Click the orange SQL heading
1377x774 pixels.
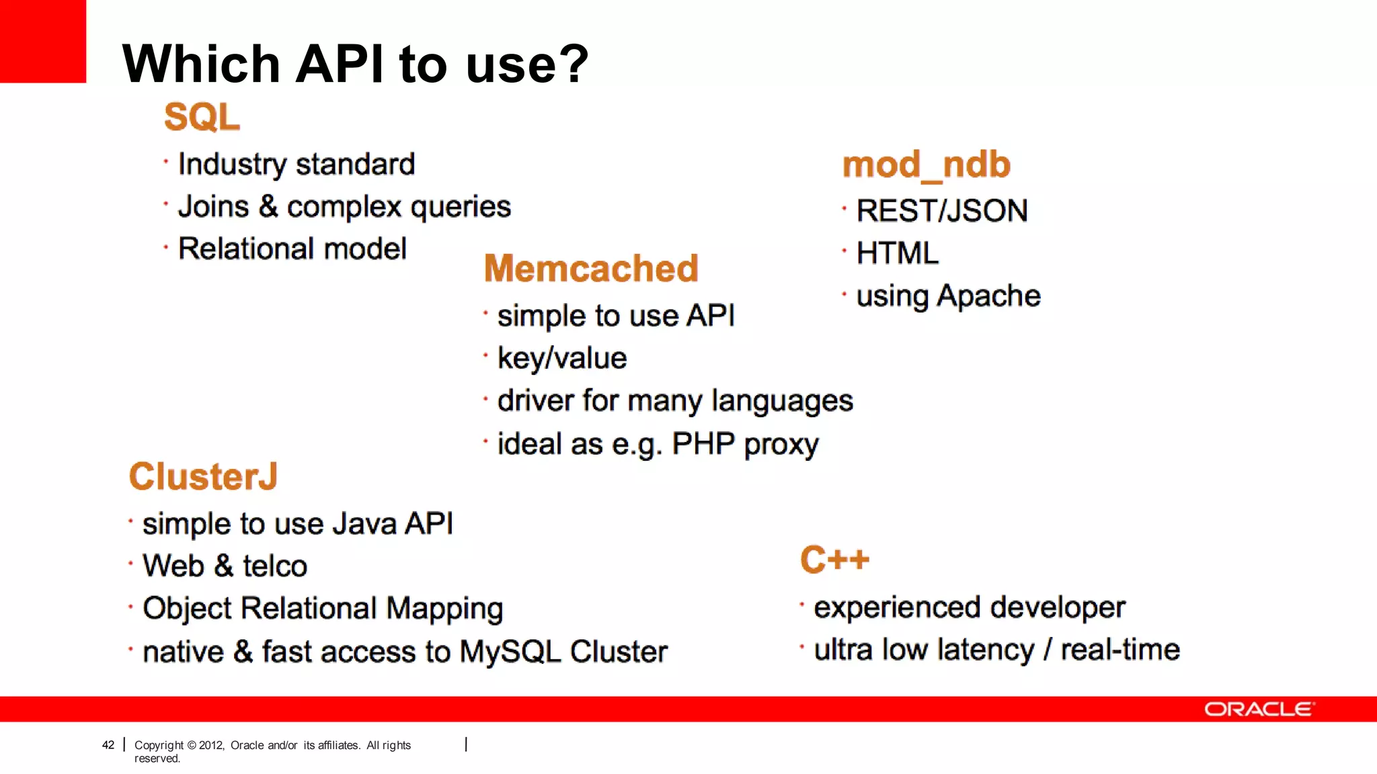point(202,117)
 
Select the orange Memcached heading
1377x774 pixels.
point(591,268)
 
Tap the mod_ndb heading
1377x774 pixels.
point(926,165)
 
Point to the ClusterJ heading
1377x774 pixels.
point(203,476)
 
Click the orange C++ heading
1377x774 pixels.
point(834,560)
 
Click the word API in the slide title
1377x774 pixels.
point(340,64)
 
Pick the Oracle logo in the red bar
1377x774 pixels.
point(1259,709)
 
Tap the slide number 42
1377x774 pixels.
point(108,744)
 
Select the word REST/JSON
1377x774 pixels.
point(941,211)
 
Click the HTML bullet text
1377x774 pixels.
point(897,254)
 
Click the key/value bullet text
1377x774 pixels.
point(562,358)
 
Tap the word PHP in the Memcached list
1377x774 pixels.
point(703,444)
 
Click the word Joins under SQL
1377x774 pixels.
point(213,207)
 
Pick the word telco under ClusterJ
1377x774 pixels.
point(275,566)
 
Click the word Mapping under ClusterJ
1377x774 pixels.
point(444,609)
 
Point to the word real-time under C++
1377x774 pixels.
point(1120,650)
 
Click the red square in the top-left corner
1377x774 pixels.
point(42,40)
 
